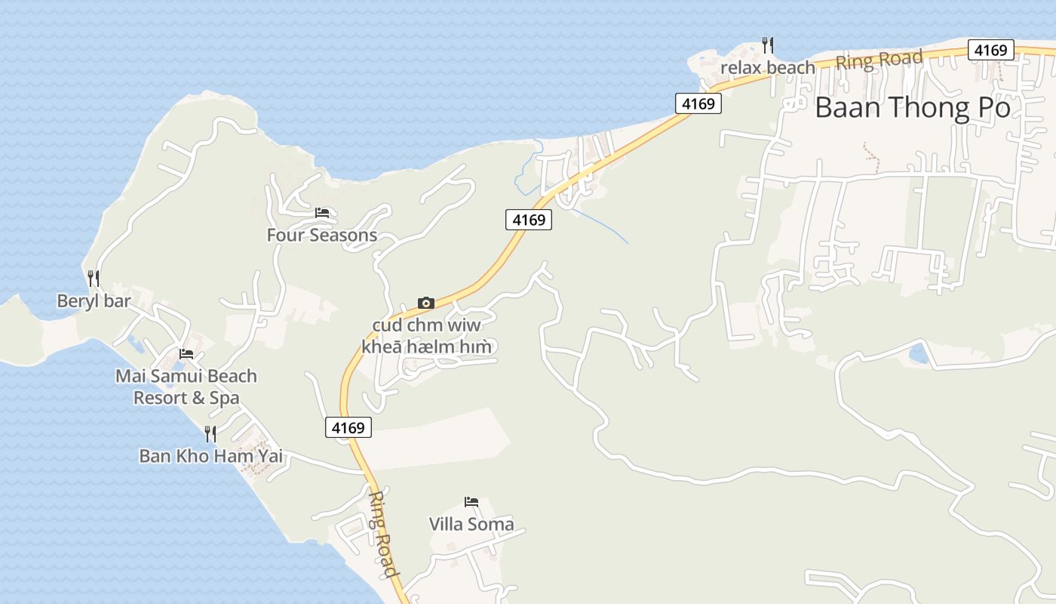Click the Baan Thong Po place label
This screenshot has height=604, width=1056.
click(x=912, y=108)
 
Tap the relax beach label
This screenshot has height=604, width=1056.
click(x=768, y=68)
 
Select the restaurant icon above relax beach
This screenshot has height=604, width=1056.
click(x=768, y=45)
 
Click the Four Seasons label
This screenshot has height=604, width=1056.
click(x=322, y=235)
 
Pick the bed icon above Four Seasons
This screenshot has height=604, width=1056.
click(x=322, y=213)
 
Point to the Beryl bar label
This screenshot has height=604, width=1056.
click(x=94, y=301)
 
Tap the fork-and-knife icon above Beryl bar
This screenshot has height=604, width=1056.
click(x=94, y=278)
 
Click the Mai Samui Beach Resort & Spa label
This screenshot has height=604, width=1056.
click(x=186, y=387)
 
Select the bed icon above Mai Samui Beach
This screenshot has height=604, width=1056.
click(x=186, y=353)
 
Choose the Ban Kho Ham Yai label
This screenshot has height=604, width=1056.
click(x=211, y=456)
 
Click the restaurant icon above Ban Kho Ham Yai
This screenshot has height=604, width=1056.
click(x=210, y=433)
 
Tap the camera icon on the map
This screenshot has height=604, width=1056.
click(x=426, y=303)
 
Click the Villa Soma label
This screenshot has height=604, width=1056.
click(x=471, y=524)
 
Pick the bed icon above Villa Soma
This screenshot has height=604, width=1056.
click(x=471, y=502)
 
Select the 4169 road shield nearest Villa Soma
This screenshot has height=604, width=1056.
click(x=348, y=427)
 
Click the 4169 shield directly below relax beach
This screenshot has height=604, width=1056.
click(x=698, y=103)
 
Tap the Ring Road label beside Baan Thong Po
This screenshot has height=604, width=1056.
click(x=879, y=60)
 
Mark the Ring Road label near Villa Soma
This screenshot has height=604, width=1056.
click(x=384, y=534)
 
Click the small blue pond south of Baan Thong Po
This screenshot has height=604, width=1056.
click(x=918, y=353)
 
